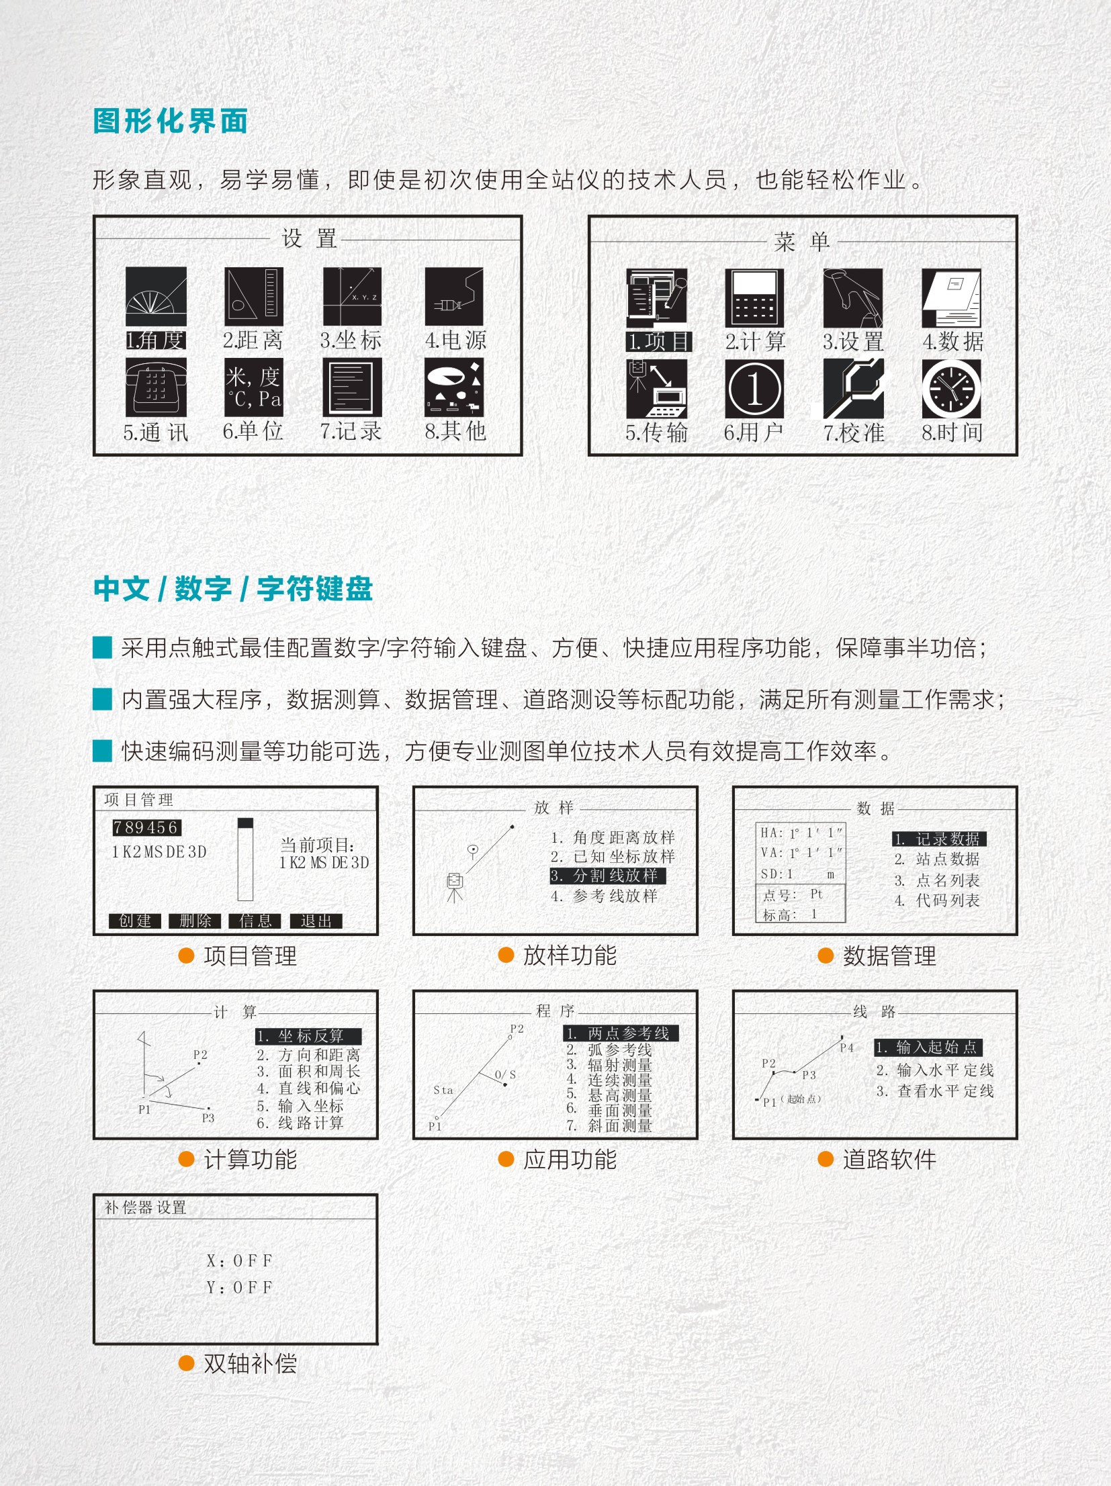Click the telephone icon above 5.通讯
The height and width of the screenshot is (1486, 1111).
156,387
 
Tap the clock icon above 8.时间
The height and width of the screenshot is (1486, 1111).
951,388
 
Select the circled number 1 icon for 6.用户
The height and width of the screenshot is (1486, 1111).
754,388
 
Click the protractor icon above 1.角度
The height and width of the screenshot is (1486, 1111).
156,297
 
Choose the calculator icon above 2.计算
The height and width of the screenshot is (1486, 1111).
754,298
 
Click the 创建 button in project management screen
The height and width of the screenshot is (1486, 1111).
135,921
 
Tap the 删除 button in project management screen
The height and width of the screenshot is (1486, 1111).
195,921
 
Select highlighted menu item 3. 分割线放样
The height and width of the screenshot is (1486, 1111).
608,876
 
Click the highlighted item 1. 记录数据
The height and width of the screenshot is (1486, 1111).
939,839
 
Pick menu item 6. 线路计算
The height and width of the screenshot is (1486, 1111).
300,1123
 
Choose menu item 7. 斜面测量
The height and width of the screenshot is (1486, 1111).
609,1125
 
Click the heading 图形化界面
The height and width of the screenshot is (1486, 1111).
170,122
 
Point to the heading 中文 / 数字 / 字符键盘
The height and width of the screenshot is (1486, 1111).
233,589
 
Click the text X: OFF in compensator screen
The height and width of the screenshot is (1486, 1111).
239,1261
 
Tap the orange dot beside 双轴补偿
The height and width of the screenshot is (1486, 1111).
186,1363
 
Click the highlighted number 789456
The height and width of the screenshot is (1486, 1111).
146,828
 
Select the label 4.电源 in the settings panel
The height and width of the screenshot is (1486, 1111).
455,340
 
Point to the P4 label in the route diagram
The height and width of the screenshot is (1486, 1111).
846,1048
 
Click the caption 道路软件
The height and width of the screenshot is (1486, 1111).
889,1160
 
